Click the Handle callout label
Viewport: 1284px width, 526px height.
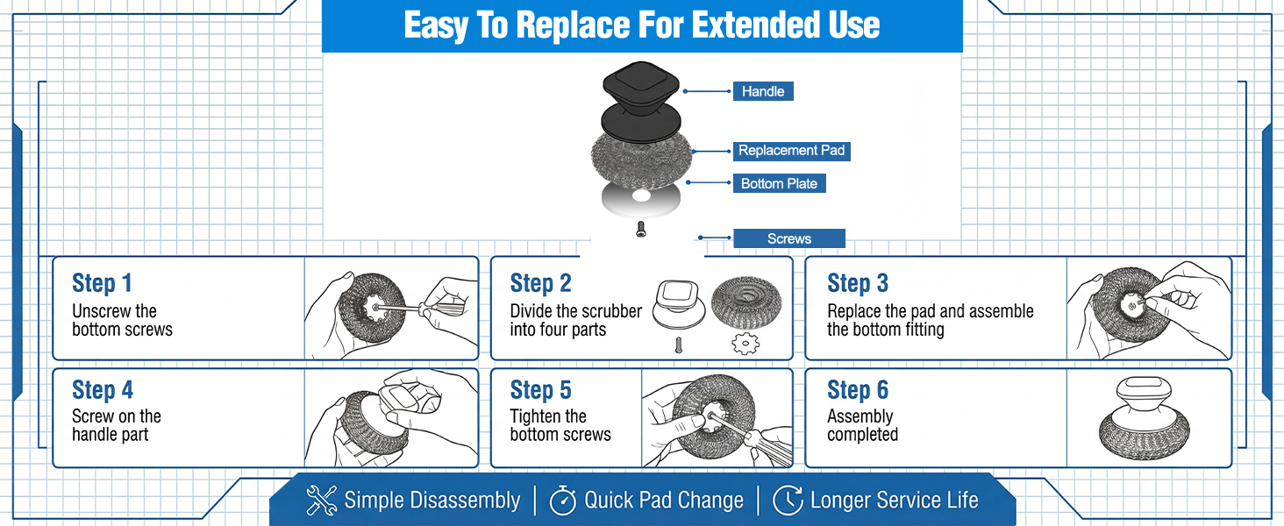tap(763, 91)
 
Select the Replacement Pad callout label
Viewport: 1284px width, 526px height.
tap(792, 151)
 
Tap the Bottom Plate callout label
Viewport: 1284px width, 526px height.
tap(779, 183)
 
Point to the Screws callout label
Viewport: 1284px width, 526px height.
tap(789, 238)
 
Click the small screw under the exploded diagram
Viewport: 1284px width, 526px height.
tap(641, 229)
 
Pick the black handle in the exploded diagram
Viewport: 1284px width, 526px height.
tap(641, 102)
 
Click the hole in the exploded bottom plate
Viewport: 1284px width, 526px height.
tap(641, 196)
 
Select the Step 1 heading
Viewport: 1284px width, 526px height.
tap(102, 283)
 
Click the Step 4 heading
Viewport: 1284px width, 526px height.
tap(103, 389)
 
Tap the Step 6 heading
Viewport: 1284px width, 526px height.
tap(858, 389)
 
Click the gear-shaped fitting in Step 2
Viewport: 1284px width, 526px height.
tap(745, 344)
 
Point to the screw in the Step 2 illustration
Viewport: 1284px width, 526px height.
tap(679, 345)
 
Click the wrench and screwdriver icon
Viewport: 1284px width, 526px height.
tap(322, 500)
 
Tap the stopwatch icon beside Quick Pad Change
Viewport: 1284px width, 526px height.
tap(562, 501)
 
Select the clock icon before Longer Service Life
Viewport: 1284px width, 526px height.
tap(788, 501)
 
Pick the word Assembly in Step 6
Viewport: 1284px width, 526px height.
tap(860, 416)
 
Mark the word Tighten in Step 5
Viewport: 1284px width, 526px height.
tap(548, 416)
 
